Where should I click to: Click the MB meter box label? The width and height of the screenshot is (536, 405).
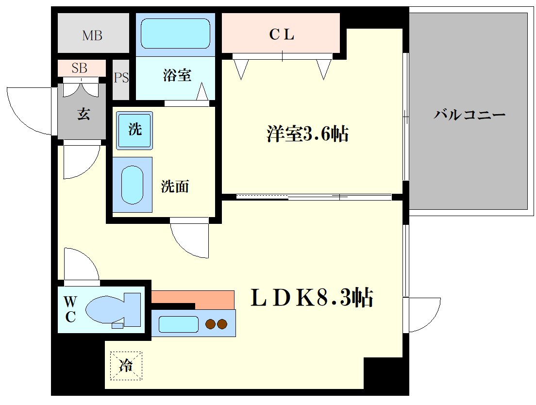click(92, 35)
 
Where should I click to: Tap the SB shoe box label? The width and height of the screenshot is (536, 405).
click(80, 68)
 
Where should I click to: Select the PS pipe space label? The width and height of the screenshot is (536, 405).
click(121, 78)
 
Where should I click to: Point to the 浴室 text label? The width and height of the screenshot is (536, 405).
click(177, 75)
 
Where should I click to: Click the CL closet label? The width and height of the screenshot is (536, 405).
click(282, 35)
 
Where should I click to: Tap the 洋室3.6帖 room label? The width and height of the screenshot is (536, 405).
click(307, 134)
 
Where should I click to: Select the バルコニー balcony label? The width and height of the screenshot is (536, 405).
click(469, 115)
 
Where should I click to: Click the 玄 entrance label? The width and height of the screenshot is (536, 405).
click(83, 115)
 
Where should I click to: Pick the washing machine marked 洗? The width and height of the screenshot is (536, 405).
click(134, 130)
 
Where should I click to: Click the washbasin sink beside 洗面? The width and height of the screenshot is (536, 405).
click(132, 186)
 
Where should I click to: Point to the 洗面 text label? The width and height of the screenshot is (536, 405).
click(175, 186)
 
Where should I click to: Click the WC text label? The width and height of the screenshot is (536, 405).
click(70, 310)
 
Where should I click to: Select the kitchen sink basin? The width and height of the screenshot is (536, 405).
click(178, 324)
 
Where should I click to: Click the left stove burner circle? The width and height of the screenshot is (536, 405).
click(211, 324)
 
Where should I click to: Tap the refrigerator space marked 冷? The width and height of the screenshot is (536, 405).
click(126, 366)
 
